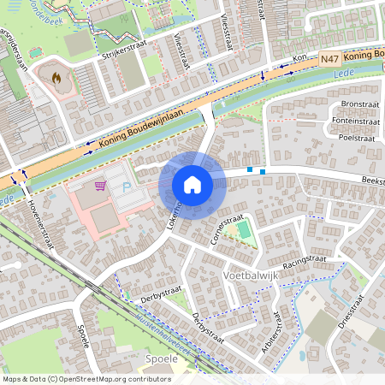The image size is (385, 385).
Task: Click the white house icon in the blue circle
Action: pyautogui.click(x=192, y=184)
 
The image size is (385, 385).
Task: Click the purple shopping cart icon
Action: pyautogui.click(x=100, y=185)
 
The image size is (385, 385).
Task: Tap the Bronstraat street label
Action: pyautogui.click(x=359, y=104)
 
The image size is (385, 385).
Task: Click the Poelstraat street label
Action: pyautogui.click(x=358, y=136)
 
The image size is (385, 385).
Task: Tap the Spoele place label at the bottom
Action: pyautogui.click(x=162, y=358)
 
